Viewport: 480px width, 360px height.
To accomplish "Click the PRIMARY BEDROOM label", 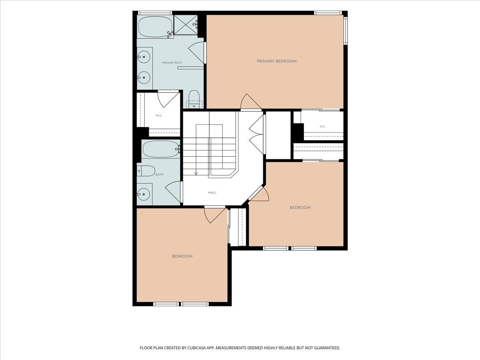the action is pos(277,61).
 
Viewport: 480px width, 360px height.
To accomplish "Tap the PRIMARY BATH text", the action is pos(172,63).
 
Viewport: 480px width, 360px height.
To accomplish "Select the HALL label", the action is pos(212,192).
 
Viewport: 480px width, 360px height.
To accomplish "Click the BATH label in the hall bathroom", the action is pos(160,174).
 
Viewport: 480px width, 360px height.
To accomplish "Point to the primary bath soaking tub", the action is pos(156,27).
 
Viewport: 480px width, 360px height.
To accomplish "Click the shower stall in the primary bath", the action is pos(186,25).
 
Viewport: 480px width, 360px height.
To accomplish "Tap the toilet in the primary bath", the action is pos(194,99).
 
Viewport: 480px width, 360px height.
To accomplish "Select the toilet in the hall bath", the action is pos(146,171).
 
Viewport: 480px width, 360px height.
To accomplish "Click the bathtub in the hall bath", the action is pos(161,149).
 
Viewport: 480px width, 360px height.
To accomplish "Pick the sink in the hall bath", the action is pos(144,194).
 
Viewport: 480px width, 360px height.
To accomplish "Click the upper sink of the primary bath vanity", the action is pos(144,57).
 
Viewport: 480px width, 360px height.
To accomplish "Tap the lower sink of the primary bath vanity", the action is pos(144,77).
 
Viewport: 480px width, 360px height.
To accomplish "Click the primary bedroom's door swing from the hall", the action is pos(251,102).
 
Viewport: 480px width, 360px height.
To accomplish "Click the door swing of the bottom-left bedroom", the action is pos(215,215).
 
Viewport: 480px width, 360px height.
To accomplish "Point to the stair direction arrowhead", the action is pos(196,173).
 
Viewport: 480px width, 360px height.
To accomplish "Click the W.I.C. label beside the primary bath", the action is pos(159,116).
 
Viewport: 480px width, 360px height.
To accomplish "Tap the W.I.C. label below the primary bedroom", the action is pos(322,126).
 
